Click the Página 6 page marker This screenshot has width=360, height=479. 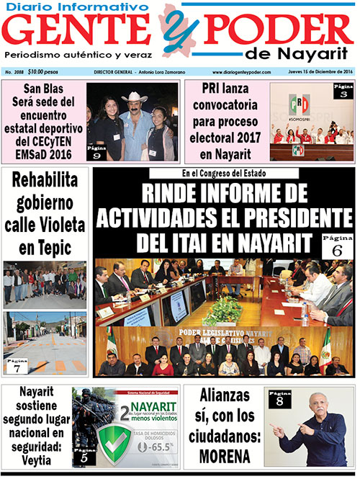[x=338, y=245]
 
